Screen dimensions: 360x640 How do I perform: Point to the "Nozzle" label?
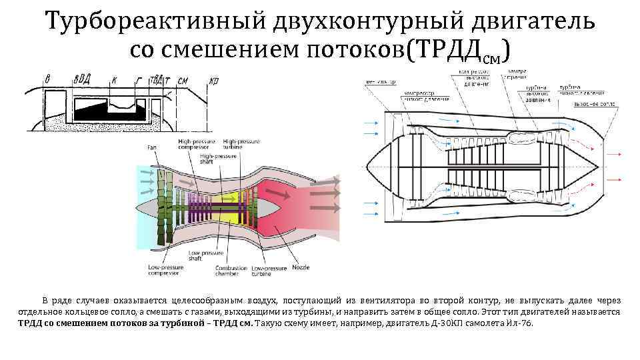click(299, 268)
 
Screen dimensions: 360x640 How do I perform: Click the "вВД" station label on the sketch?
click(83, 78)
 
